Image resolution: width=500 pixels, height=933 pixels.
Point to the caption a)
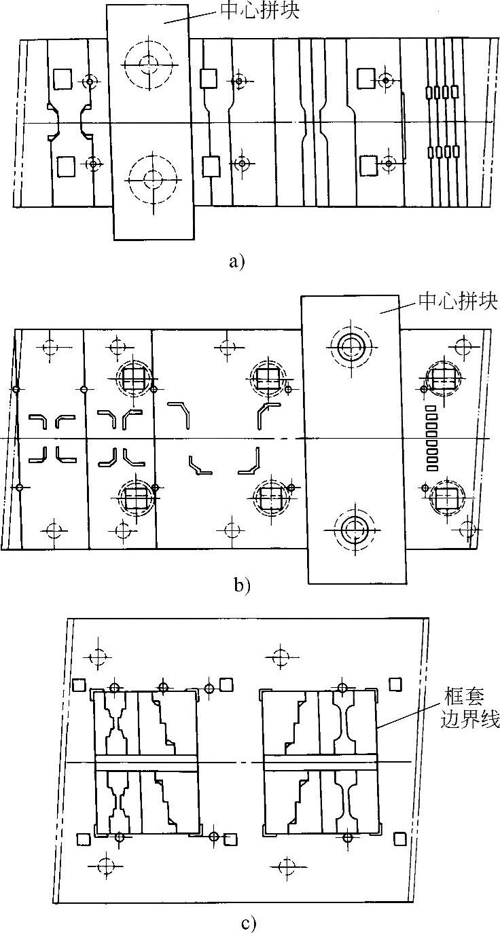236,261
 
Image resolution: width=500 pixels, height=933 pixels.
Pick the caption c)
248,923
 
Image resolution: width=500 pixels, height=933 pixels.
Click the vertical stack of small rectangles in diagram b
431,438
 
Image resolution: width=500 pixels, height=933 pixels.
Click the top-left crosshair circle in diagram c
99,657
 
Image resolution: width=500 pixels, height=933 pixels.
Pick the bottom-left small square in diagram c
83,839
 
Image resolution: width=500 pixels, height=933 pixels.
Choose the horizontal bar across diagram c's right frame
319,762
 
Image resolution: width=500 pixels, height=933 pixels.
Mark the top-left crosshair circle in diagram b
48,348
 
